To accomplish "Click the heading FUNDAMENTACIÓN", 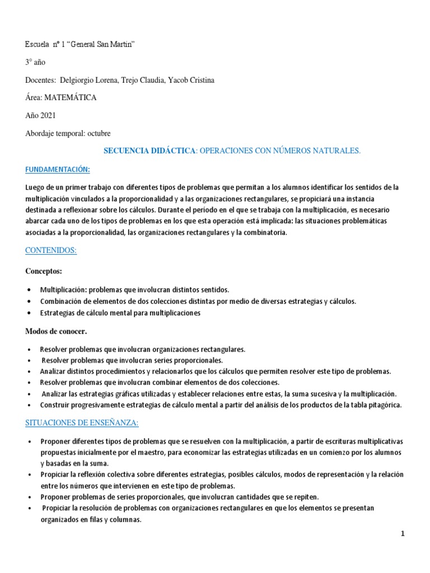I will click(58, 169).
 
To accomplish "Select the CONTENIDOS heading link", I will click(51, 251).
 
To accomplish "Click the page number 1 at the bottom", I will click(403, 534).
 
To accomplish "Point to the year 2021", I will click(48, 115).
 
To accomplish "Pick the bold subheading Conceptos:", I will click(44, 271).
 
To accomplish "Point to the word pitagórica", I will click(384, 405).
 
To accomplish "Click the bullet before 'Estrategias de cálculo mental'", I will click(29, 313).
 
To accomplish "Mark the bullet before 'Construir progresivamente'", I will click(29, 405).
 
